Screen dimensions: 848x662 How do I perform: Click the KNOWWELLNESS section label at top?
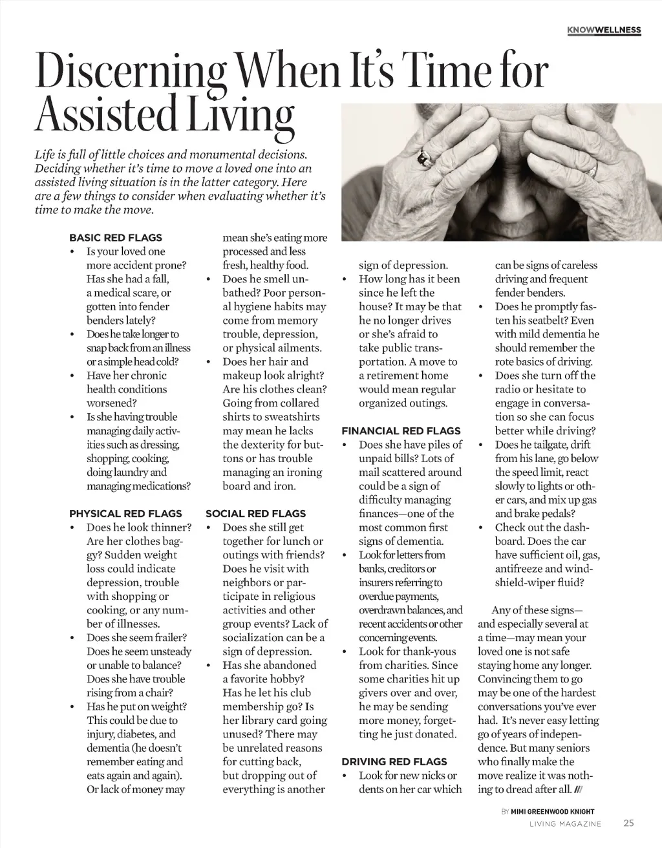point(603,30)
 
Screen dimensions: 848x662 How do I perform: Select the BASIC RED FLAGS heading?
point(116,237)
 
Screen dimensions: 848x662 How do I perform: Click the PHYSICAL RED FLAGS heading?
point(125,514)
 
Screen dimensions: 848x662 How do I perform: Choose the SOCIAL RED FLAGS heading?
point(255,514)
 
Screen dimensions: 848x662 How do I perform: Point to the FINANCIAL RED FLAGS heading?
point(401,431)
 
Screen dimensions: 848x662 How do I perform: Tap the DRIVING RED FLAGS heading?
point(394,761)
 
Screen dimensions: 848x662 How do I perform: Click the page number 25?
point(629,823)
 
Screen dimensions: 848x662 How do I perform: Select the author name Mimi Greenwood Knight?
point(552,811)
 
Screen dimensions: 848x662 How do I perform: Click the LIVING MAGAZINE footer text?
point(565,824)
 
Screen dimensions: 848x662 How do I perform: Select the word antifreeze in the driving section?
point(519,569)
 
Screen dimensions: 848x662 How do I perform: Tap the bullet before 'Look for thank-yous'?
point(345,652)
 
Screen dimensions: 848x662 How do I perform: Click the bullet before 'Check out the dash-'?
point(481,527)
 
